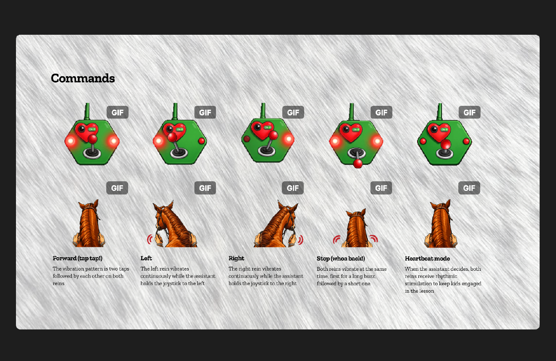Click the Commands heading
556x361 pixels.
83,78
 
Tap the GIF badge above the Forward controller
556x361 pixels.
117,113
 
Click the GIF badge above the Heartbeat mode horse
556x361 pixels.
469,188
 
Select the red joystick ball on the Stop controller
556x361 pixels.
358,164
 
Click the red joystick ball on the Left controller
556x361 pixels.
172,137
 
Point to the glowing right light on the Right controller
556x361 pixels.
289,139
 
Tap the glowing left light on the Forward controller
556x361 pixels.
71,141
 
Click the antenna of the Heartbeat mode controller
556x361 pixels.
439,112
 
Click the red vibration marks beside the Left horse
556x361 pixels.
150,240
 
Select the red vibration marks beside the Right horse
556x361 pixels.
301,240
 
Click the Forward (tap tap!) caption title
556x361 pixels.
77,258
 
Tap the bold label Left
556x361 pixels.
146,258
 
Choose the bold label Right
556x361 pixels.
236,258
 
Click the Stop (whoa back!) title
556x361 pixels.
341,259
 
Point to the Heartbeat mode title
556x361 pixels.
427,258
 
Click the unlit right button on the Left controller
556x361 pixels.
202,141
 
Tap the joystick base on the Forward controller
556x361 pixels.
92,153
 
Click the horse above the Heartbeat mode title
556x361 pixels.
441,224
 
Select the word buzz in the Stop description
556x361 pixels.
370,276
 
